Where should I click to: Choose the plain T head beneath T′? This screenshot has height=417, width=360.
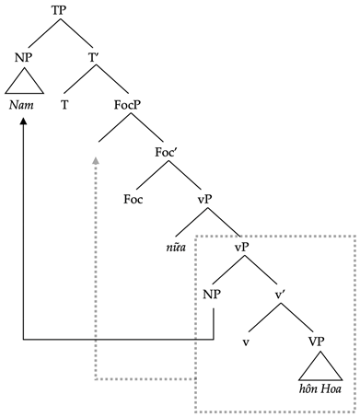(x=64, y=104)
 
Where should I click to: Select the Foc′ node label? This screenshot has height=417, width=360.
(x=167, y=152)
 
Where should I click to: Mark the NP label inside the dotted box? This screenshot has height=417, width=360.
(x=213, y=295)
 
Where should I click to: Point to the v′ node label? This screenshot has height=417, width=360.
(x=282, y=295)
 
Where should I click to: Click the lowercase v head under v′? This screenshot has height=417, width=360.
(x=246, y=342)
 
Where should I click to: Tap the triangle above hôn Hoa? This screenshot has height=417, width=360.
(x=318, y=369)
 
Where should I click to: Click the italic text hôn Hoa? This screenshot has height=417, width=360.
(x=318, y=391)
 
